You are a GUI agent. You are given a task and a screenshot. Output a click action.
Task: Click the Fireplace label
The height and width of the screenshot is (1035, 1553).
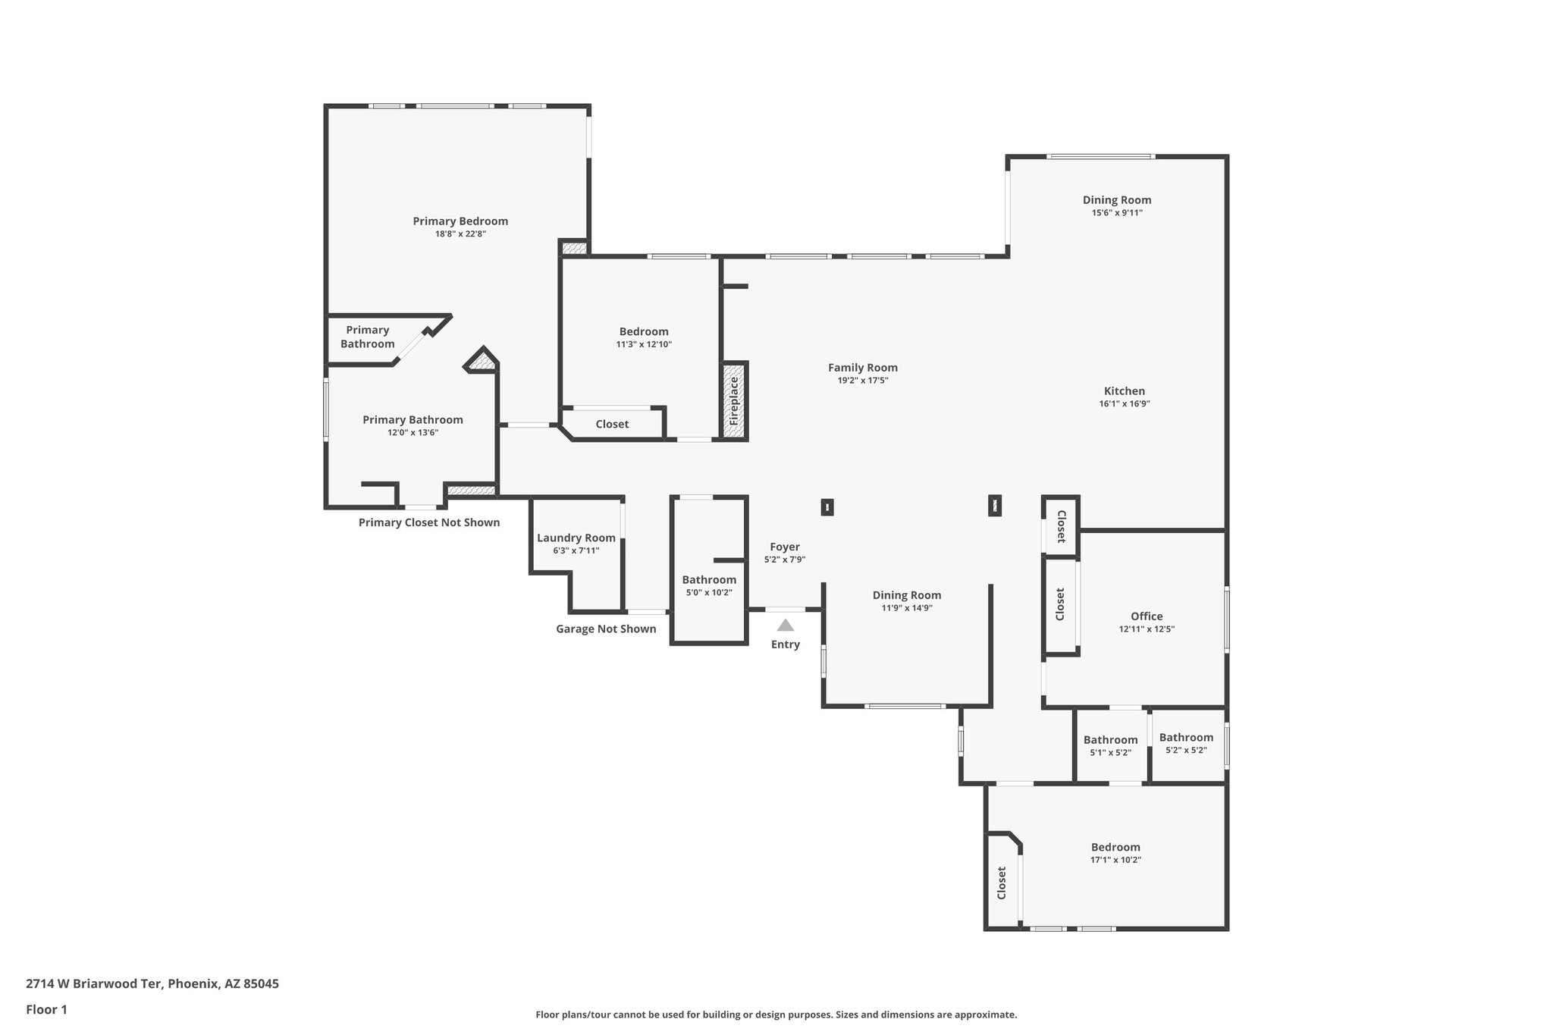[734, 402]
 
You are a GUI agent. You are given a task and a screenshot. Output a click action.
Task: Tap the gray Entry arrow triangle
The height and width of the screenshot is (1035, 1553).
[786, 626]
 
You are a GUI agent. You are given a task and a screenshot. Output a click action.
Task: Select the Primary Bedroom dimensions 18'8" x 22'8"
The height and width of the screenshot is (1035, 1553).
[460, 234]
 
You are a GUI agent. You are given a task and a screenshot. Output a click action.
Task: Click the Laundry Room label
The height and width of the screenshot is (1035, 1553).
[576, 538]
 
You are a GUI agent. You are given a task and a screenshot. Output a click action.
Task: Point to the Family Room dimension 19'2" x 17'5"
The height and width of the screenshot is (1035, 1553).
[862, 381]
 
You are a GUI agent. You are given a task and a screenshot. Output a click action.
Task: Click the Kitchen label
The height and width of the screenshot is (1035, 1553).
[1124, 391]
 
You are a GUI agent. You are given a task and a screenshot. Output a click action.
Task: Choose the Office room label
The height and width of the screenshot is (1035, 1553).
[1146, 616]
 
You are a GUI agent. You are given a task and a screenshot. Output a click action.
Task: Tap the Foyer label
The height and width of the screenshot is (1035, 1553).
[785, 547]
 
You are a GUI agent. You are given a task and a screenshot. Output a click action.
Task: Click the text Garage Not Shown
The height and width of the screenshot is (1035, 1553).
[606, 629]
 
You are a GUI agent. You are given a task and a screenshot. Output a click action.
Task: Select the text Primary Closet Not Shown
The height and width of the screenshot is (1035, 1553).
[429, 522]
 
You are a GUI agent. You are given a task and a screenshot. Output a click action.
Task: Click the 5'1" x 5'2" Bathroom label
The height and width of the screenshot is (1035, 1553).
[1110, 740]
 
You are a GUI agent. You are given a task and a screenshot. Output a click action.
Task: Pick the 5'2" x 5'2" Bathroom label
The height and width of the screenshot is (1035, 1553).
[1186, 737]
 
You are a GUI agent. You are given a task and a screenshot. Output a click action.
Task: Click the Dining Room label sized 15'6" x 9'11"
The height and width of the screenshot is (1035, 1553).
[1116, 200]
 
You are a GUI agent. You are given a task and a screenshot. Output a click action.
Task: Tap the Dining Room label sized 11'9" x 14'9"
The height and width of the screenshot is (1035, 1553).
[906, 595]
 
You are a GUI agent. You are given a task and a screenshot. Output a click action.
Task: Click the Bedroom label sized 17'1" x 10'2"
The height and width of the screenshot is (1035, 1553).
[1115, 847]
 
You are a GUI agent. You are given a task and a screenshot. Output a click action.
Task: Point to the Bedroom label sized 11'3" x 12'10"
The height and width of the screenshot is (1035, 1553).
[644, 331]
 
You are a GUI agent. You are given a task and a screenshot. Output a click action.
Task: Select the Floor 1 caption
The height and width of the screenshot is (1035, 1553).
[47, 1009]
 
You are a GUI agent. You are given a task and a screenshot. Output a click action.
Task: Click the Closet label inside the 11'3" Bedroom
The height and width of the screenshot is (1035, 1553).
[612, 424]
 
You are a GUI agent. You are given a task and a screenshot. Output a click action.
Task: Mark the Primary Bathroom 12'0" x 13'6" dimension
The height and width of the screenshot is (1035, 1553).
[413, 433]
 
